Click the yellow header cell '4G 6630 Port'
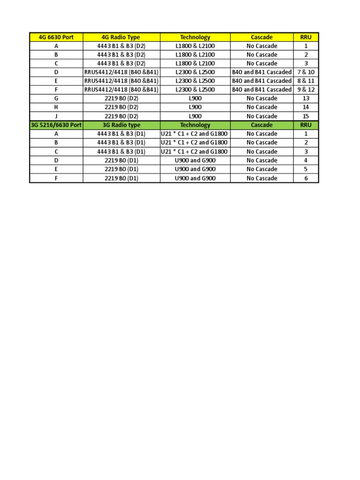56,37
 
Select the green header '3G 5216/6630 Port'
56,125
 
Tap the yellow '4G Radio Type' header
121,37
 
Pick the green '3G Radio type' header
121,125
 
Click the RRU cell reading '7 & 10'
306,72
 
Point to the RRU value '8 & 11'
306,81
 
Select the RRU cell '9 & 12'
306,90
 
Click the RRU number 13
306,98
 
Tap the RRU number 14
306,107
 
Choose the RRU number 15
306,116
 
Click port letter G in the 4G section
56,98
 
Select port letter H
56,107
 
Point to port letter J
56,116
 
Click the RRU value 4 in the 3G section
306,160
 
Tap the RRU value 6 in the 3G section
306,178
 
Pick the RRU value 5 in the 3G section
306,169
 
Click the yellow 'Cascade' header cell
262,37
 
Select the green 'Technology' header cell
195,125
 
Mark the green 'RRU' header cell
306,125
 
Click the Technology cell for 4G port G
195,98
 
